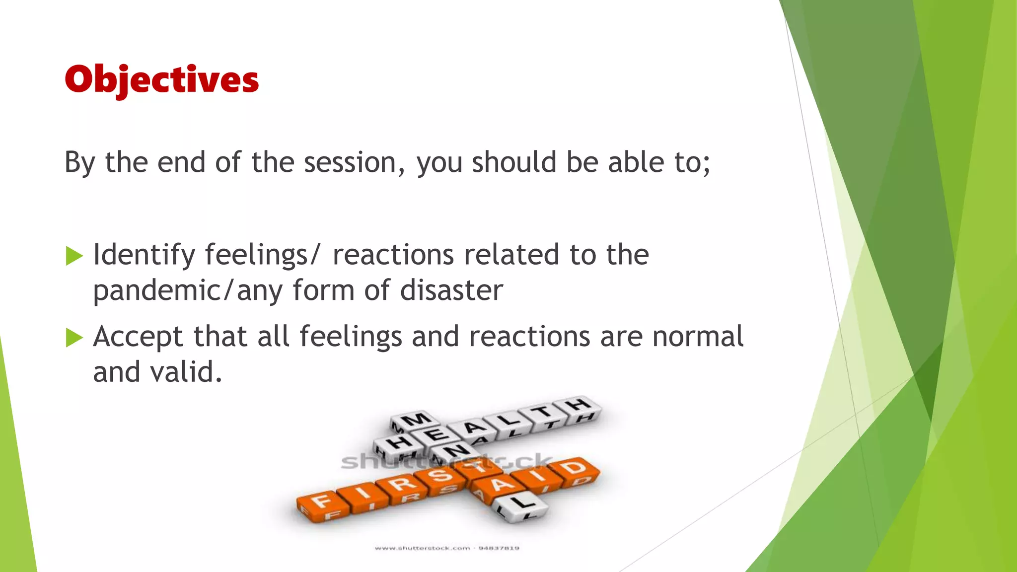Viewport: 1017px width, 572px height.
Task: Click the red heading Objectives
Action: [x=161, y=79]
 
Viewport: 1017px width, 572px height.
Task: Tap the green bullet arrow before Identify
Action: [x=74, y=256]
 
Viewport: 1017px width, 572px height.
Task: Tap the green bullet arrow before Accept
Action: [x=74, y=338]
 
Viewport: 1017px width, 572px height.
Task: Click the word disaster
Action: [x=451, y=290]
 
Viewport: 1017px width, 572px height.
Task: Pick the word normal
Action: [x=698, y=337]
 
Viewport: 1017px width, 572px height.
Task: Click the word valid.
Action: [x=157, y=372]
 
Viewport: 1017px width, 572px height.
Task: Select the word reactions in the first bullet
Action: [x=393, y=255]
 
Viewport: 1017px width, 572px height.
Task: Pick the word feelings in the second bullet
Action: [x=351, y=337]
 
